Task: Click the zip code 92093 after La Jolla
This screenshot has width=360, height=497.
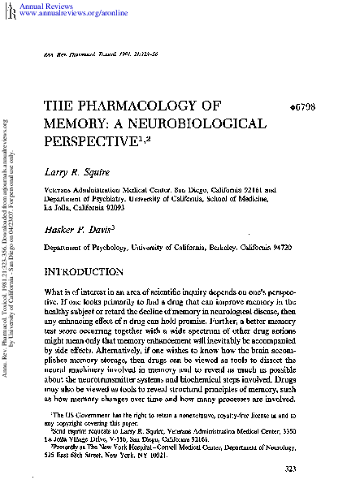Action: click(124, 207)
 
